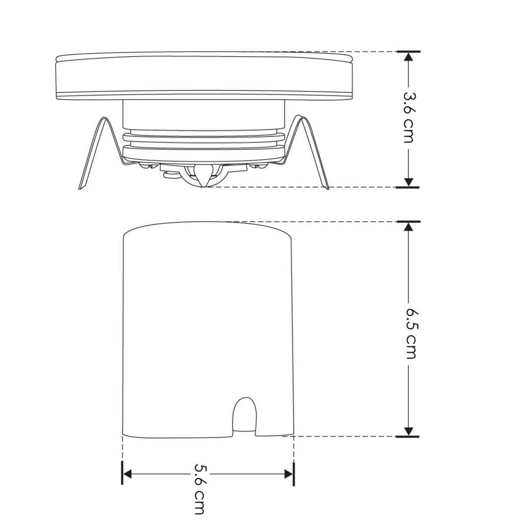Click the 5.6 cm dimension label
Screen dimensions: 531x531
pos(200,489)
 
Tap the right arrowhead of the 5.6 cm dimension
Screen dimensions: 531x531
pos(288,473)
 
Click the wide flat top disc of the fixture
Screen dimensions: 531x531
pos(204,74)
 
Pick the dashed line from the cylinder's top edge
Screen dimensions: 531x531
pos(319,221)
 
